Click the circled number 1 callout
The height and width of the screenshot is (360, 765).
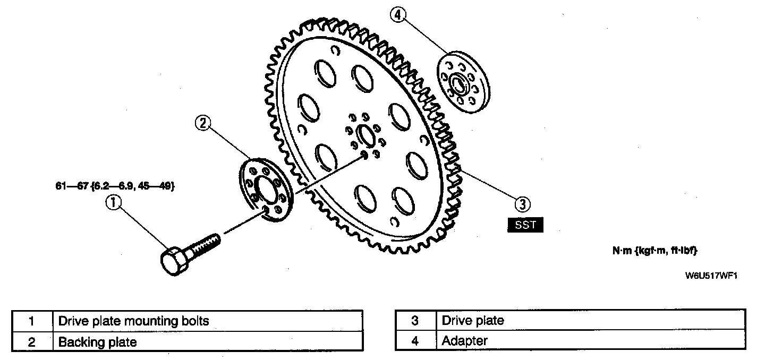click(114, 202)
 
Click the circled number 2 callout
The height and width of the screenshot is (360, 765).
click(202, 123)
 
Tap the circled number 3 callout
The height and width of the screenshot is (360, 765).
click(523, 203)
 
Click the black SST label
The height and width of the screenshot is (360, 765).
click(525, 225)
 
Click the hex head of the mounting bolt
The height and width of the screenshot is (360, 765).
click(173, 261)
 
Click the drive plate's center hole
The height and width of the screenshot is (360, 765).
click(364, 135)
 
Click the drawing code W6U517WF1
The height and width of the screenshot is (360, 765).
click(712, 276)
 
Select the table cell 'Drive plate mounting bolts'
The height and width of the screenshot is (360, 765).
click(208, 321)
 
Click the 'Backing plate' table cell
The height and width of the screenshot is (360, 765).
click(208, 342)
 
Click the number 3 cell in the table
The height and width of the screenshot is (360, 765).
click(415, 321)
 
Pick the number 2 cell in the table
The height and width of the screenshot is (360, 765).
click(31, 342)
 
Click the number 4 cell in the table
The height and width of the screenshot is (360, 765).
click(415, 341)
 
